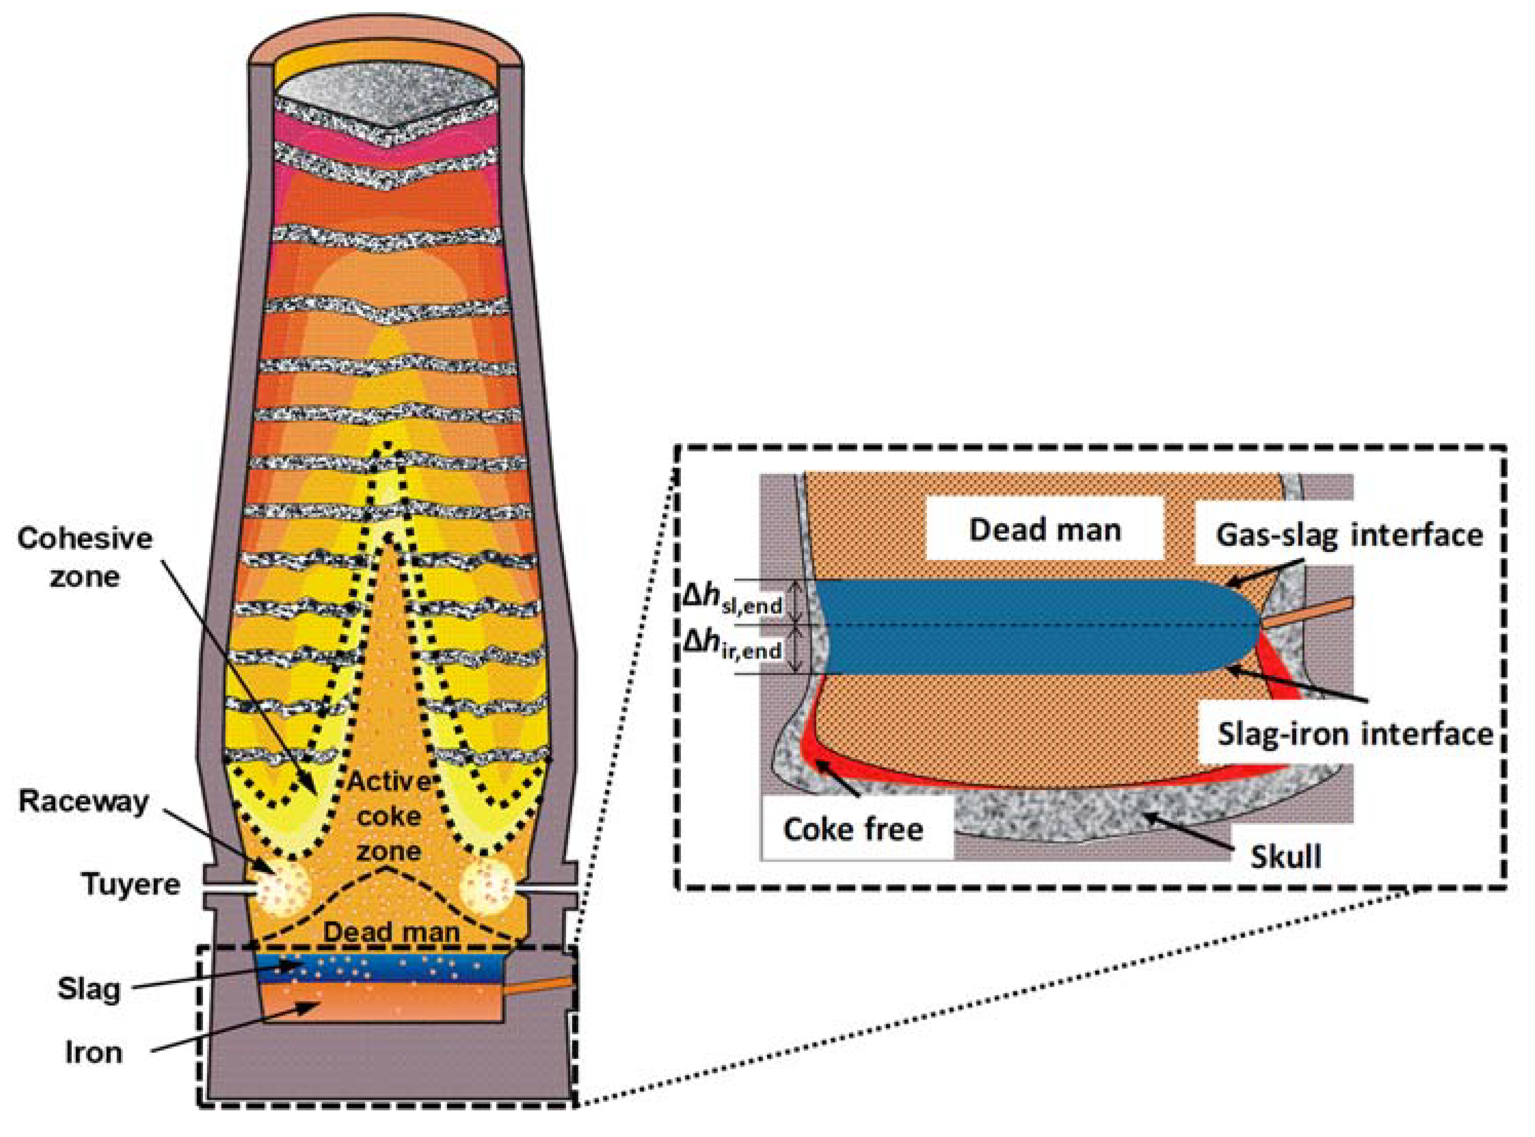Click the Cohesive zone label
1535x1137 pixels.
tap(85, 557)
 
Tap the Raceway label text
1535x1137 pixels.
tap(84, 802)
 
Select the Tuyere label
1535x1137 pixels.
tap(131, 884)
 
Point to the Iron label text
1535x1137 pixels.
tap(94, 1053)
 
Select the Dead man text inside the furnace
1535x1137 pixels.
tap(392, 932)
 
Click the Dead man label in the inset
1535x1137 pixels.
tap(1045, 530)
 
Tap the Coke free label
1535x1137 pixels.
tap(853, 829)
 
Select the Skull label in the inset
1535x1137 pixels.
tap(1285, 857)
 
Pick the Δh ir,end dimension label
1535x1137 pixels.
tap(732, 646)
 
